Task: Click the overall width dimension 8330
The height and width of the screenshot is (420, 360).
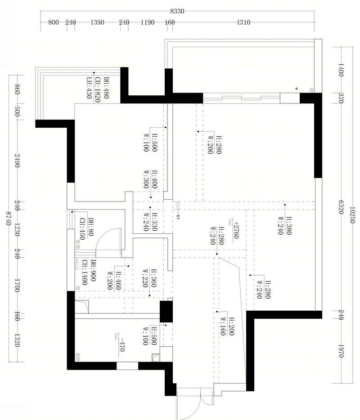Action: (x=177, y=11)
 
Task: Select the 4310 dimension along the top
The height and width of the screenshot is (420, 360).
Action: (x=243, y=22)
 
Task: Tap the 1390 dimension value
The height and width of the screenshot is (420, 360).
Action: (x=97, y=22)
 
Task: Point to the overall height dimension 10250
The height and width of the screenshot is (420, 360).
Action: (x=352, y=215)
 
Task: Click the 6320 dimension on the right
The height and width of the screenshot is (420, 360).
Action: (x=341, y=207)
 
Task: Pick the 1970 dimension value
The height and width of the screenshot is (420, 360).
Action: (x=341, y=351)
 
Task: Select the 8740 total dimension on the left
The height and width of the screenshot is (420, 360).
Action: (x=9, y=219)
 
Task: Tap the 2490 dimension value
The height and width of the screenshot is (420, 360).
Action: (x=17, y=161)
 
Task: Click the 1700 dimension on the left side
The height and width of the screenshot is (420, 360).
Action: (x=17, y=286)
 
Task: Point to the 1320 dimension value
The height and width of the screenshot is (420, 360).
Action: (x=17, y=340)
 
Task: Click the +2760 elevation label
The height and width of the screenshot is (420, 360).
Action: (x=236, y=230)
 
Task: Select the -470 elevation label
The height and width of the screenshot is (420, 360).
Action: (x=122, y=345)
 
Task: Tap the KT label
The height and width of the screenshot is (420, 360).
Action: (x=178, y=217)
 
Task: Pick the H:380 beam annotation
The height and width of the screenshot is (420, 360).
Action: (x=289, y=226)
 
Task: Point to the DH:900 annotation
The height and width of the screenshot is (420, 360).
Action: (x=93, y=271)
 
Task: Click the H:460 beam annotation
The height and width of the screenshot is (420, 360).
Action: (x=118, y=281)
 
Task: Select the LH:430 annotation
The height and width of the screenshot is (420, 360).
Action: (x=89, y=88)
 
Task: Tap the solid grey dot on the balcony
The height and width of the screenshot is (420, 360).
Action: (x=297, y=89)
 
